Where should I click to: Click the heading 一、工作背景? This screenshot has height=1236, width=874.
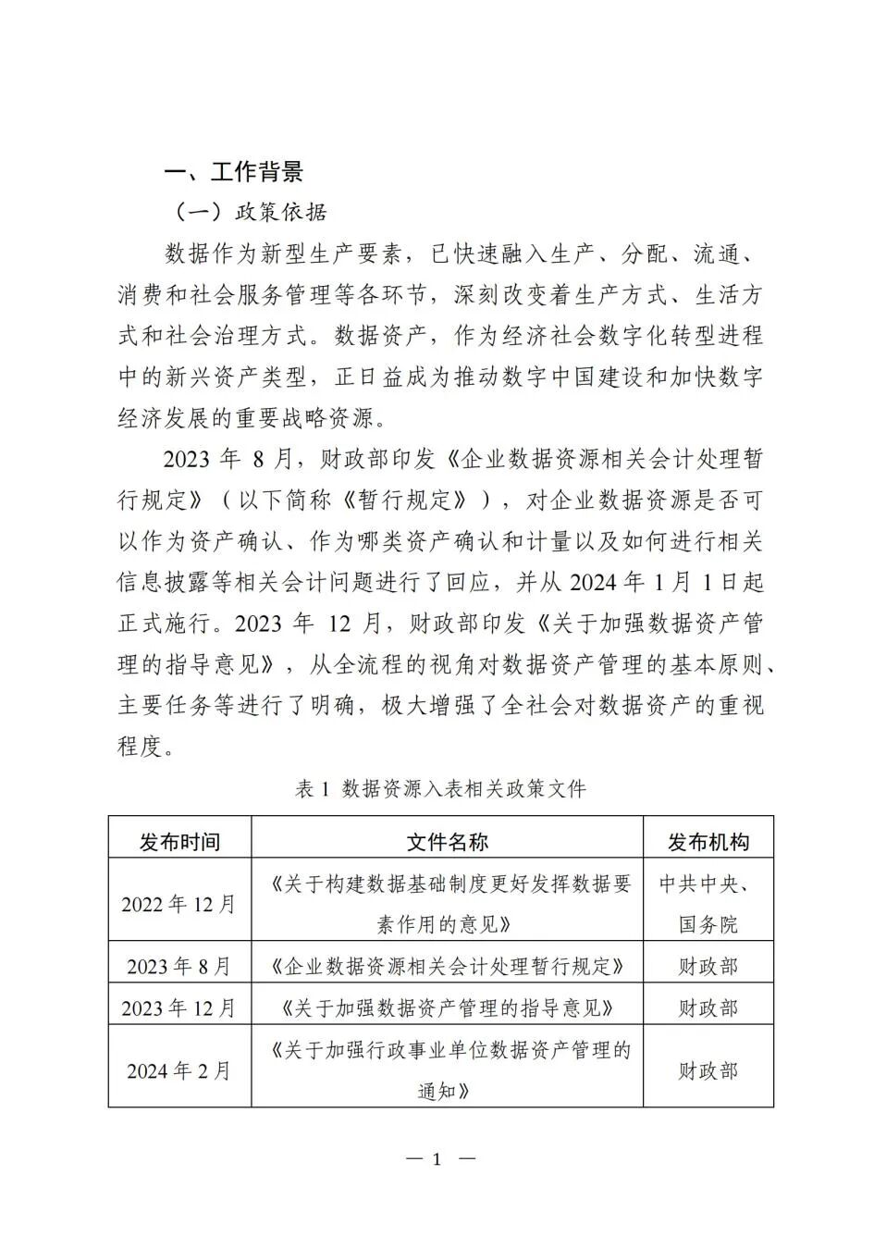coord(233,172)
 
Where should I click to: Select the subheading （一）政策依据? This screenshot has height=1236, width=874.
coord(250,213)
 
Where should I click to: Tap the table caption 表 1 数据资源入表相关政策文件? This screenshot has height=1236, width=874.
coord(440,788)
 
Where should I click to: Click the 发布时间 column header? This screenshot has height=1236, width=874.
coord(179,841)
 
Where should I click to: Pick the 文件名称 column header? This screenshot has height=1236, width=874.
coord(447,841)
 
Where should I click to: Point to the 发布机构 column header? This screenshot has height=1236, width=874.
coord(708,841)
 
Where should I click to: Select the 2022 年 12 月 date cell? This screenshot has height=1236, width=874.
coord(179,903)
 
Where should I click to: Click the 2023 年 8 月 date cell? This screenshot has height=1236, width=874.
coord(179,967)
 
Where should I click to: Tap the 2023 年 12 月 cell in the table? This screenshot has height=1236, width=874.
coord(179,1007)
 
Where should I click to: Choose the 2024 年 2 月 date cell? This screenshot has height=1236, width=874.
coord(179,1070)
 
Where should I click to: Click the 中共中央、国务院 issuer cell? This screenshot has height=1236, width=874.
coord(708,904)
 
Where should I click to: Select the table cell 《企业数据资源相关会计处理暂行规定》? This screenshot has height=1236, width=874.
coord(447,967)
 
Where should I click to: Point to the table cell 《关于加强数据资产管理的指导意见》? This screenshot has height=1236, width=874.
coord(447,1007)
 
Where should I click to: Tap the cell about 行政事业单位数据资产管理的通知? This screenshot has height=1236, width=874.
coord(447,1070)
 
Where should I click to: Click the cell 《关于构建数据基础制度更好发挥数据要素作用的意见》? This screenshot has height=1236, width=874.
coord(447,904)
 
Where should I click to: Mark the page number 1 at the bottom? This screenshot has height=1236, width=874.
coord(437,1159)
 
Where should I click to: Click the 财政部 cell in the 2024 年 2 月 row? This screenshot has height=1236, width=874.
coord(708,1070)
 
